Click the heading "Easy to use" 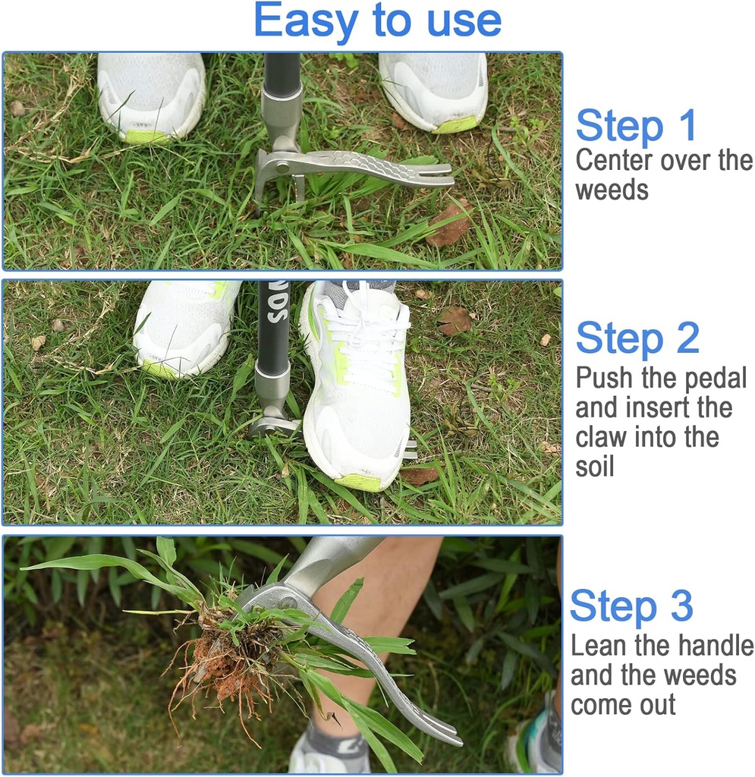pyautogui.click(x=377, y=21)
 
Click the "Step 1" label pyautogui.click(x=635, y=126)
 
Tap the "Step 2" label pyautogui.click(x=637, y=338)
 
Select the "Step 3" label pyautogui.click(x=631, y=606)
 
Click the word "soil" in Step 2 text pyautogui.click(x=594, y=467)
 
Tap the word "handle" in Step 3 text pyautogui.click(x=716, y=646)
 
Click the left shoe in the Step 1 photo pyautogui.click(x=152, y=95)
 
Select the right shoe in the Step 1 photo pyautogui.click(x=434, y=90)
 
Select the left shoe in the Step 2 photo pyautogui.click(x=182, y=326)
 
